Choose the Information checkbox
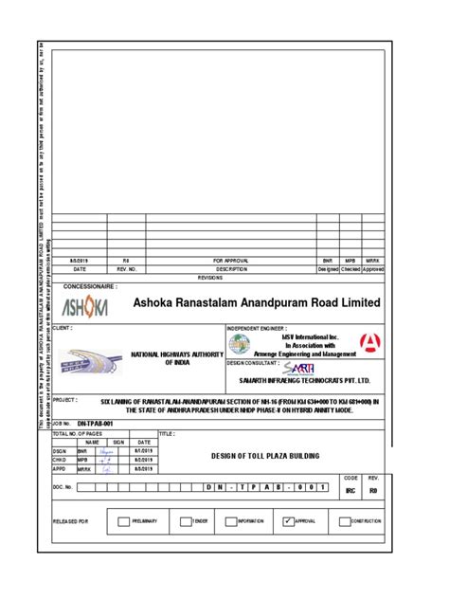pos(231,520)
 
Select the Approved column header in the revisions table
pos(373,268)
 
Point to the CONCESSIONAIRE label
pos(90,285)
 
